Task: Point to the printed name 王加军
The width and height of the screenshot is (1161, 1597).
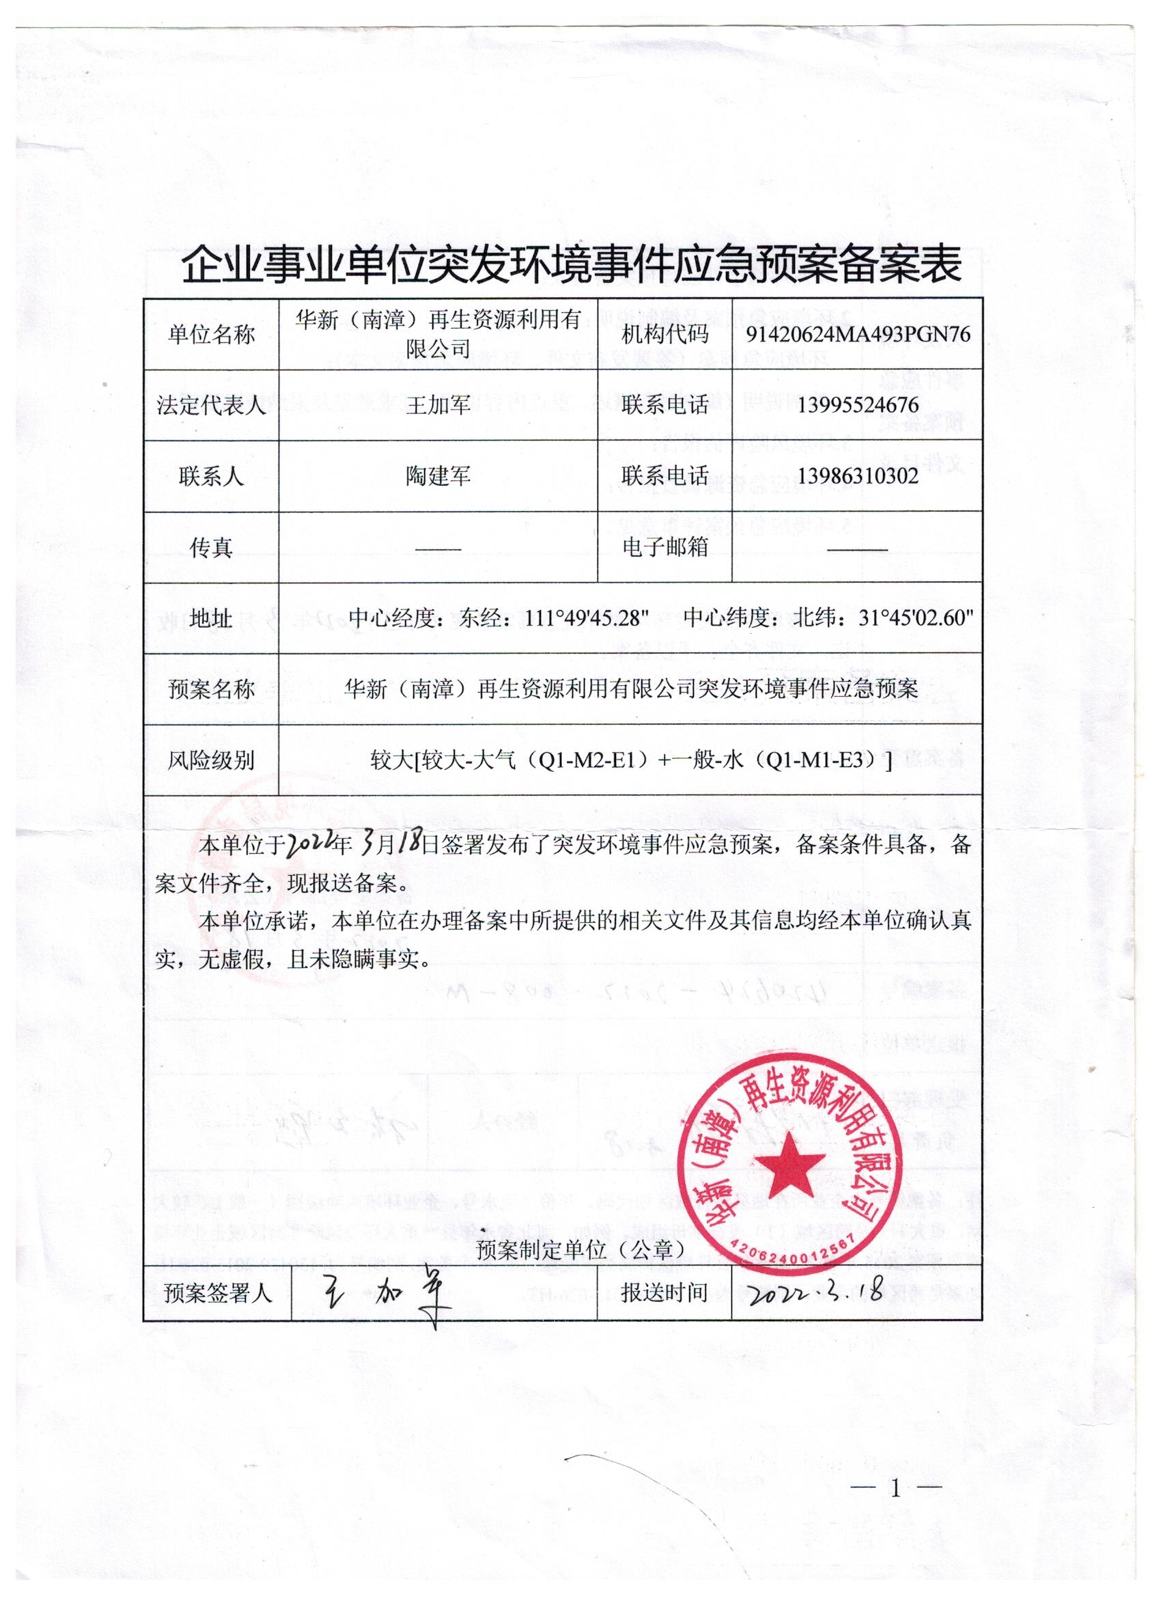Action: click(438, 406)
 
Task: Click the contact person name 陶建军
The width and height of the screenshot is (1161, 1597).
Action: click(438, 477)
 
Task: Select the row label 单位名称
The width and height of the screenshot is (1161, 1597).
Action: click(211, 335)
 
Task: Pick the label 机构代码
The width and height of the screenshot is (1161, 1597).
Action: click(665, 335)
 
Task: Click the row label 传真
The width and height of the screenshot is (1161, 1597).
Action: click(211, 548)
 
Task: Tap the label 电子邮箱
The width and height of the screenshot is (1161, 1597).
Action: click(665, 547)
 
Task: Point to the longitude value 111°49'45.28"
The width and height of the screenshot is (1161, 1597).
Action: click(587, 618)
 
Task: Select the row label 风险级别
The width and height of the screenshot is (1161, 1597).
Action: click(211, 760)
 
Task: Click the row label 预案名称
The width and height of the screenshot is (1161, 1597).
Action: click(211, 689)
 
